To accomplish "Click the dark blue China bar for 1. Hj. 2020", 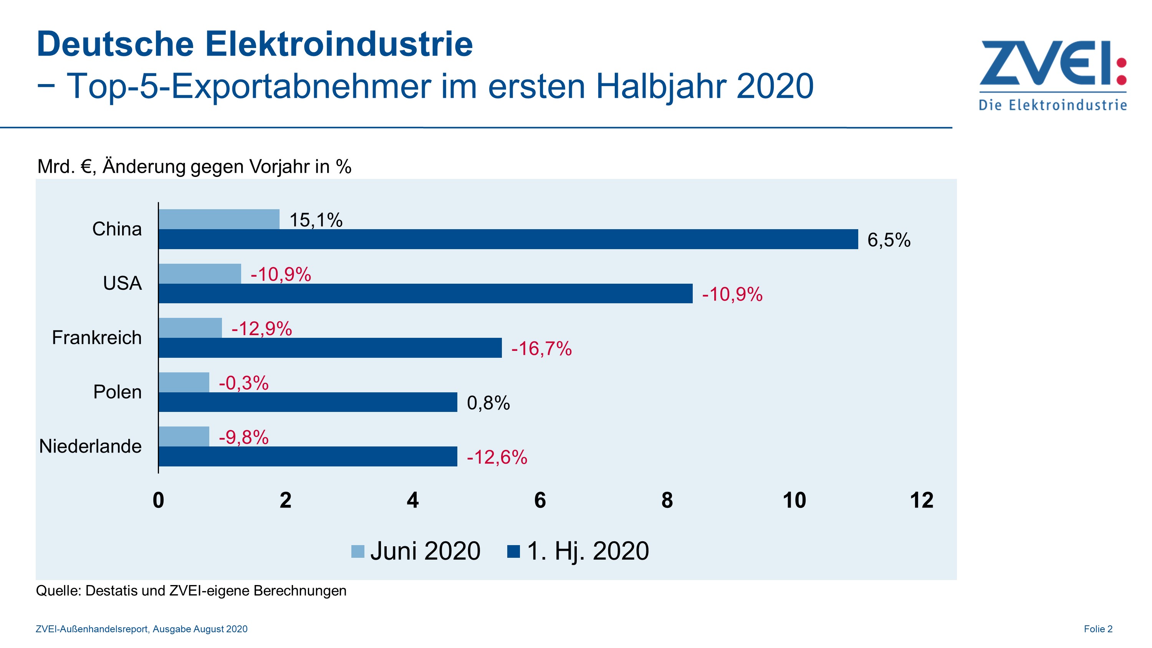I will click(x=508, y=239).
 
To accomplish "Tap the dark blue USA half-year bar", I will click(x=425, y=293).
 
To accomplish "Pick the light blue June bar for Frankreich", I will click(x=190, y=328).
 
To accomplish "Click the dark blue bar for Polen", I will click(x=308, y=402).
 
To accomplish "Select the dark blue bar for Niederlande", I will click(x=308, y=456).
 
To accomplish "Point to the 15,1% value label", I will click(x=316, y=220).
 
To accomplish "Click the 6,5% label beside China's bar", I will click(x=889, y=240).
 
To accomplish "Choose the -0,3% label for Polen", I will click(x=244, y=383).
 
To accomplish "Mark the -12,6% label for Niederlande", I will click(x=497, y=457).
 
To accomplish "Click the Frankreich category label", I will click(x=97, y=338).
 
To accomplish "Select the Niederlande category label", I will click(x=90, y=446).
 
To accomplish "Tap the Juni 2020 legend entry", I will click(x=416, y=550).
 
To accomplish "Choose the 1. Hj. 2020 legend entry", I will click(x=578, y=550).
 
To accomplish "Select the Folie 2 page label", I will click(x=1098, y=629).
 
